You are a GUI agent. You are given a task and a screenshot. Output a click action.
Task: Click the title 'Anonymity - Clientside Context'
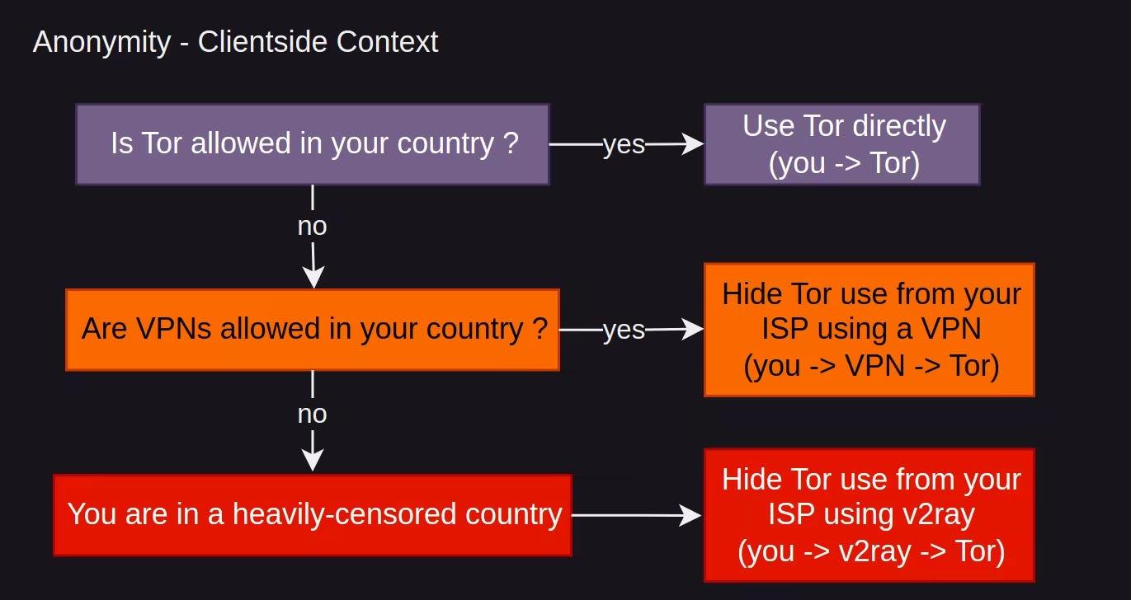point(235,42)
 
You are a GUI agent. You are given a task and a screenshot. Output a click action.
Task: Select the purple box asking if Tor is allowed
point(312,143)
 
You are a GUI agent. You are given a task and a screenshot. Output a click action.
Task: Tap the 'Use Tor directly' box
point(841,144)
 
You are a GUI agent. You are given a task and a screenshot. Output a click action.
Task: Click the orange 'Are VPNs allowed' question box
point(312,329)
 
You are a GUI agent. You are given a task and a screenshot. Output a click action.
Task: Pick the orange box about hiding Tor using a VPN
point(869,330)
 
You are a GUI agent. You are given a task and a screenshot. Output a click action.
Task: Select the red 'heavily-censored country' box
point(312,514)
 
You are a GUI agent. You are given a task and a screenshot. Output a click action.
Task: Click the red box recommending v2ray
point(869,515)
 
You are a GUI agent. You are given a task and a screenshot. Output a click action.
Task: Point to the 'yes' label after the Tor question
point(624,144)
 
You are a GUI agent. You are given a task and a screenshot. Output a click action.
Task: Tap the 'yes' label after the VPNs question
point(624,330)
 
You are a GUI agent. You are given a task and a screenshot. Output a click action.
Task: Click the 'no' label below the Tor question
point(312,226)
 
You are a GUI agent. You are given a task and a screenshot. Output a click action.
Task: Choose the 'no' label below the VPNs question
point(312,414)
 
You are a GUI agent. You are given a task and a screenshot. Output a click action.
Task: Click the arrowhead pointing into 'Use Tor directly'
point(695,144)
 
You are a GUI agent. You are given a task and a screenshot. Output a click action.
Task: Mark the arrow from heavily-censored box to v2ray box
point(635,516)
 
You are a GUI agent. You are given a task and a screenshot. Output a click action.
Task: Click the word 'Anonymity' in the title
point(101,42)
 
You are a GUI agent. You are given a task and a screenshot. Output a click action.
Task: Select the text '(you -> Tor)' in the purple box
point(843,162)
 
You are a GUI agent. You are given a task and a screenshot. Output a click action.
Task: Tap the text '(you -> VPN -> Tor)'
point(871,365)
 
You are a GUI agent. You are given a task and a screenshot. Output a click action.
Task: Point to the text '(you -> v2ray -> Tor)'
point(871,551)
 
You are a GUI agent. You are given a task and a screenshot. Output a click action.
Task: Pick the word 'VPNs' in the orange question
point(165,329)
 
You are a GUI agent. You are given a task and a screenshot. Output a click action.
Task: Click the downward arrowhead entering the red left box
point(313,462)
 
